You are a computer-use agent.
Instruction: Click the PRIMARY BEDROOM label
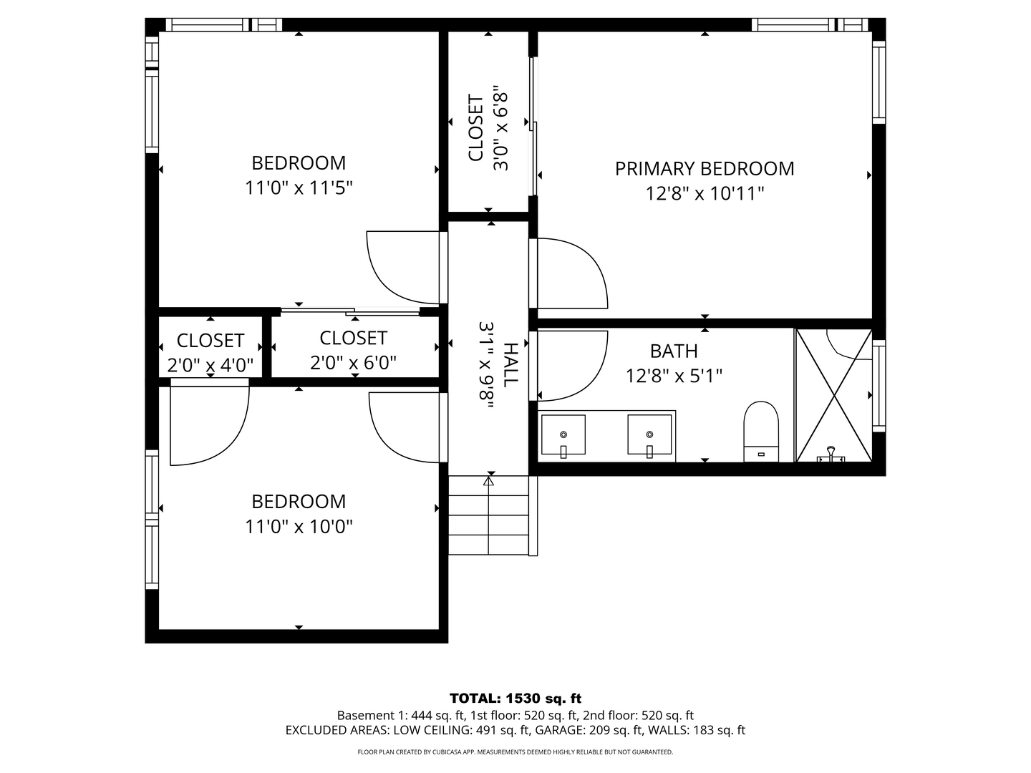(704, 168)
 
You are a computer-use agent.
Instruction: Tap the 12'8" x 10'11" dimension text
(705, 193)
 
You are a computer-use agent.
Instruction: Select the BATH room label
(674, 351)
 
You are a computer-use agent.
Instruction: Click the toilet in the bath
(761, 432)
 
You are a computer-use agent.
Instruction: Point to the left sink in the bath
(563, 434)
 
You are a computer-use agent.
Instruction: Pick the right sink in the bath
(649, 434)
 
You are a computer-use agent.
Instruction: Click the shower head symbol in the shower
(831, 454)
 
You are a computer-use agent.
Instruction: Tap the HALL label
(510, 365)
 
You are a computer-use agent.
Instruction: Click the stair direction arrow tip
(488, 478)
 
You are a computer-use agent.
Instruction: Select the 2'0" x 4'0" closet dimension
(210, 365)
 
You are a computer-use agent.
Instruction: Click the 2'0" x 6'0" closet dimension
(353, 362)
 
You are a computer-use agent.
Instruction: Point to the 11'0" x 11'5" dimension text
(299, 188)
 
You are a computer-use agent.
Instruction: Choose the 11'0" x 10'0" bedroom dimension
(299, 526)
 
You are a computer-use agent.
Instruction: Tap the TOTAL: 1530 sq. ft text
(515, 699)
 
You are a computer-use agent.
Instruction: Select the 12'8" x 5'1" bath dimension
(674, 376)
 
